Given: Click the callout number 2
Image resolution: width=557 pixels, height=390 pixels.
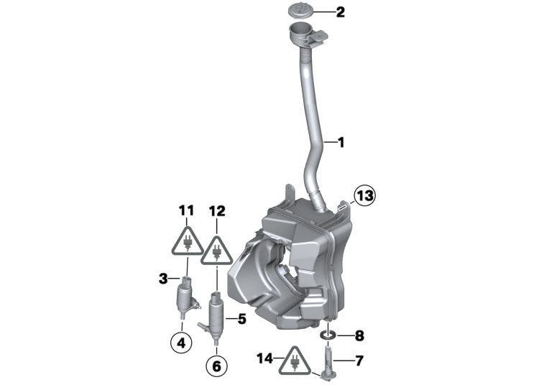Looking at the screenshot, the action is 341,12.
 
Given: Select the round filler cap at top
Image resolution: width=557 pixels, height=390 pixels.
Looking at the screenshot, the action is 301,11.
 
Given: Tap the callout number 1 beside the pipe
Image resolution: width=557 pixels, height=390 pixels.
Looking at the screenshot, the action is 341,143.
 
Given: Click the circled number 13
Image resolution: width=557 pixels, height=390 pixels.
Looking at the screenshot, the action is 364,195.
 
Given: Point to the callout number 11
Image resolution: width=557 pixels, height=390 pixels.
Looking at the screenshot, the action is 186,210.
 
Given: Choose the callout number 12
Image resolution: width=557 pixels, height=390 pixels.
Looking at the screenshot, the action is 217,211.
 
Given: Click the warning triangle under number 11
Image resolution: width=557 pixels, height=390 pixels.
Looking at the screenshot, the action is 187,241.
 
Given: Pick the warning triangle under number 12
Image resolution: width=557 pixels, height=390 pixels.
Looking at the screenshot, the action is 216,250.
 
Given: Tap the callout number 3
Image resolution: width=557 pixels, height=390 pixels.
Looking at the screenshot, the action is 163,279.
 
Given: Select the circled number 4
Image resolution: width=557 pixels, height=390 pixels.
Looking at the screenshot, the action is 181,343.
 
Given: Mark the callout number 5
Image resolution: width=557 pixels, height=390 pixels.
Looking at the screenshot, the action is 241,319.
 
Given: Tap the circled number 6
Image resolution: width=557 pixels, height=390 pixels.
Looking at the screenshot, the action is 216,366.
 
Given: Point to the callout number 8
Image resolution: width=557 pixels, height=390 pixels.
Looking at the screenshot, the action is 359,335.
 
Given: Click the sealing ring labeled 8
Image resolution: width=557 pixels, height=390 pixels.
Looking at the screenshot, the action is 328,335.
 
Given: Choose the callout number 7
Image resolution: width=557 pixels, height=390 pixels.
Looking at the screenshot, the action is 359,361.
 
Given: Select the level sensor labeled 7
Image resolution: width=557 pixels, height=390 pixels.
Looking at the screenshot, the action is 327,363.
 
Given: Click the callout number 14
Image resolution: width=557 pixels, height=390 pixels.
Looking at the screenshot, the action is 265,358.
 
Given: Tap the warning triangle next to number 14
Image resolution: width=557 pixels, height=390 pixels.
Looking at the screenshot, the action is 294,361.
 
